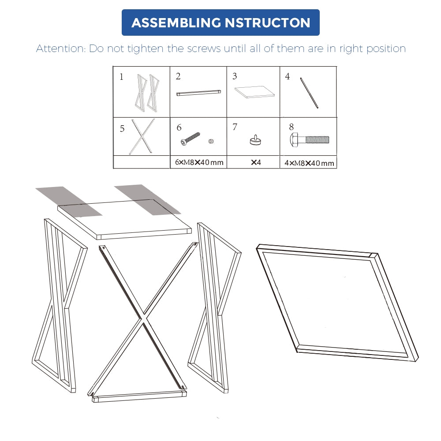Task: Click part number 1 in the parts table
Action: tap(121, 77)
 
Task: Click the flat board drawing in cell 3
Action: tap(254, 92)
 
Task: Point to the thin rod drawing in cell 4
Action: tap(309, 93)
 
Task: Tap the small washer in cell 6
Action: tap(210, 141)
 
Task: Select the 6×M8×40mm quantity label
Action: tap(199, 162)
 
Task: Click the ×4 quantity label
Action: tap(256, 162)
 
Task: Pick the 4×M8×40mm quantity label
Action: tap(309, 163)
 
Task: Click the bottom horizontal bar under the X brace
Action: tap(139, 397)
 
